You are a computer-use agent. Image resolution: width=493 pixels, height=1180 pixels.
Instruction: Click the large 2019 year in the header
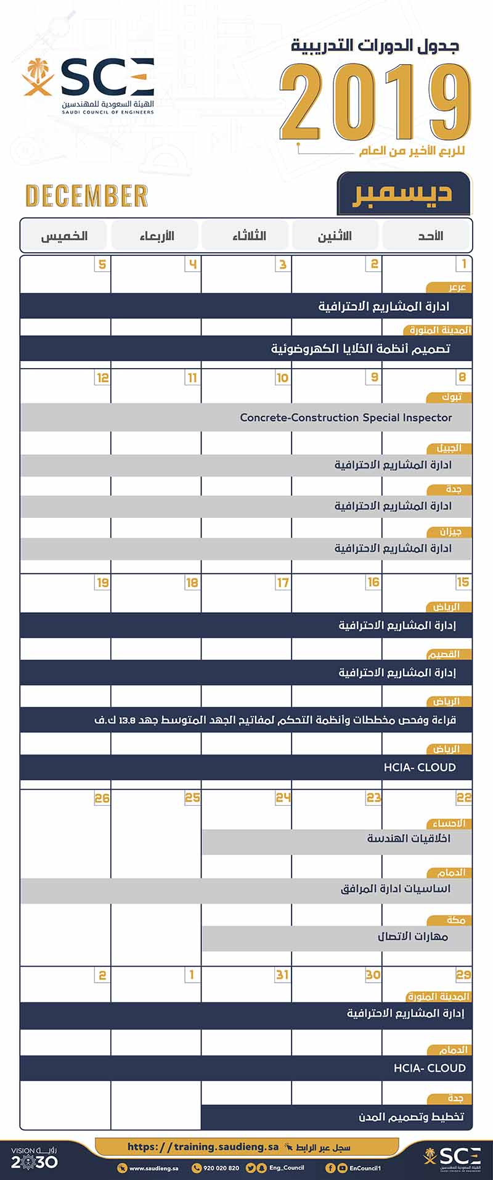click(375, 102)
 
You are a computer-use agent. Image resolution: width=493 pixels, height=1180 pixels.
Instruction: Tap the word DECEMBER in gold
click(87, 196)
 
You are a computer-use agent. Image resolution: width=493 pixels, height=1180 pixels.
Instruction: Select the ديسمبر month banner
click(403, 193)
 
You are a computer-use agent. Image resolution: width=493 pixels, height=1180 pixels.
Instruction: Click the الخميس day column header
click(64, 236)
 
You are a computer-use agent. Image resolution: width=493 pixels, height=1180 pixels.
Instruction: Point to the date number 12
click(102, 377)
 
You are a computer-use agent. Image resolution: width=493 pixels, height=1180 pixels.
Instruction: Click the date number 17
click(282, 583)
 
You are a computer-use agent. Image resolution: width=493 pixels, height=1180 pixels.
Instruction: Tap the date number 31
click(282, 975)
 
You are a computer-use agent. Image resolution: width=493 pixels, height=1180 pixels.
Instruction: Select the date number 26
click(102, 798)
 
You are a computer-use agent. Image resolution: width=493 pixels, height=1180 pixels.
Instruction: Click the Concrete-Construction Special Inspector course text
click(346, 417)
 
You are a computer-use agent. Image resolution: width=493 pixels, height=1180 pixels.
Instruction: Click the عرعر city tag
click(457, 287)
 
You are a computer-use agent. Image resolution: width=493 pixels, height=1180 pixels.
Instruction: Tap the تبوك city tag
click(451, 397)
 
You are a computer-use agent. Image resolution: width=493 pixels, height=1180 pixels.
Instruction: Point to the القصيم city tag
click(444, 654)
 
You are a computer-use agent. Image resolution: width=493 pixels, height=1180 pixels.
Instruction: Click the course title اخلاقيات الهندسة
click(409, 838)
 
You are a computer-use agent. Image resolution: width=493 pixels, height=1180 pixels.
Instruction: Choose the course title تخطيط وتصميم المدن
click(411, 1116)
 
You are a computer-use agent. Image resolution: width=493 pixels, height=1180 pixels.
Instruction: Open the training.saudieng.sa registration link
click(203, 1147)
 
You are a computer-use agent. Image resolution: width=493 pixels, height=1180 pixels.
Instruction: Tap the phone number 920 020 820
click(221, 1168)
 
